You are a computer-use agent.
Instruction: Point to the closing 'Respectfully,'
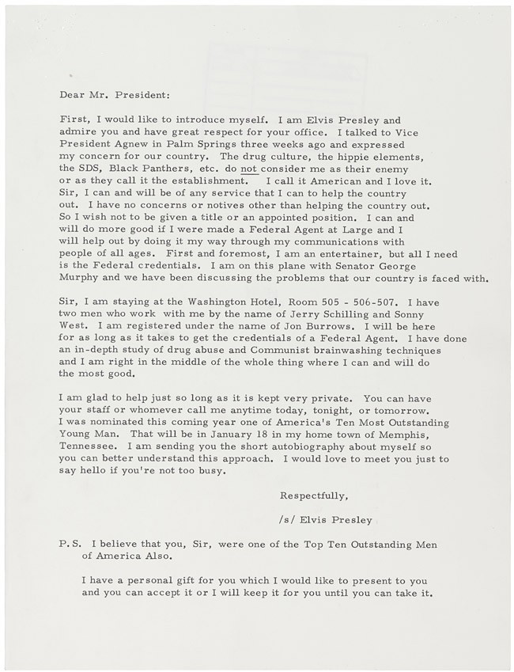point(313,496)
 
